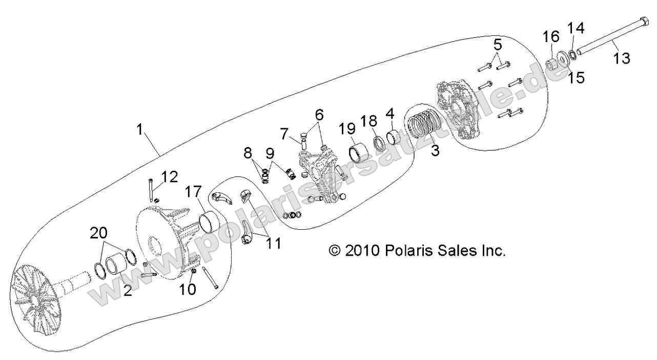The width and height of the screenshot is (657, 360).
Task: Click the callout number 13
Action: coord(622,58)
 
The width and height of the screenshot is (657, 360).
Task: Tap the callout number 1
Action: coord(140,130)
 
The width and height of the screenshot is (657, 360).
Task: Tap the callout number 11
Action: coord(273,243)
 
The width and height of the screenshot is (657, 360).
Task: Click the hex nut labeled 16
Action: coord(550,65)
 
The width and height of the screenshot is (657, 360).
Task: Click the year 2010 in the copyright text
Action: coord(362,251)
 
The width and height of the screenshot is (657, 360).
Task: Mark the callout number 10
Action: coord(188,289)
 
